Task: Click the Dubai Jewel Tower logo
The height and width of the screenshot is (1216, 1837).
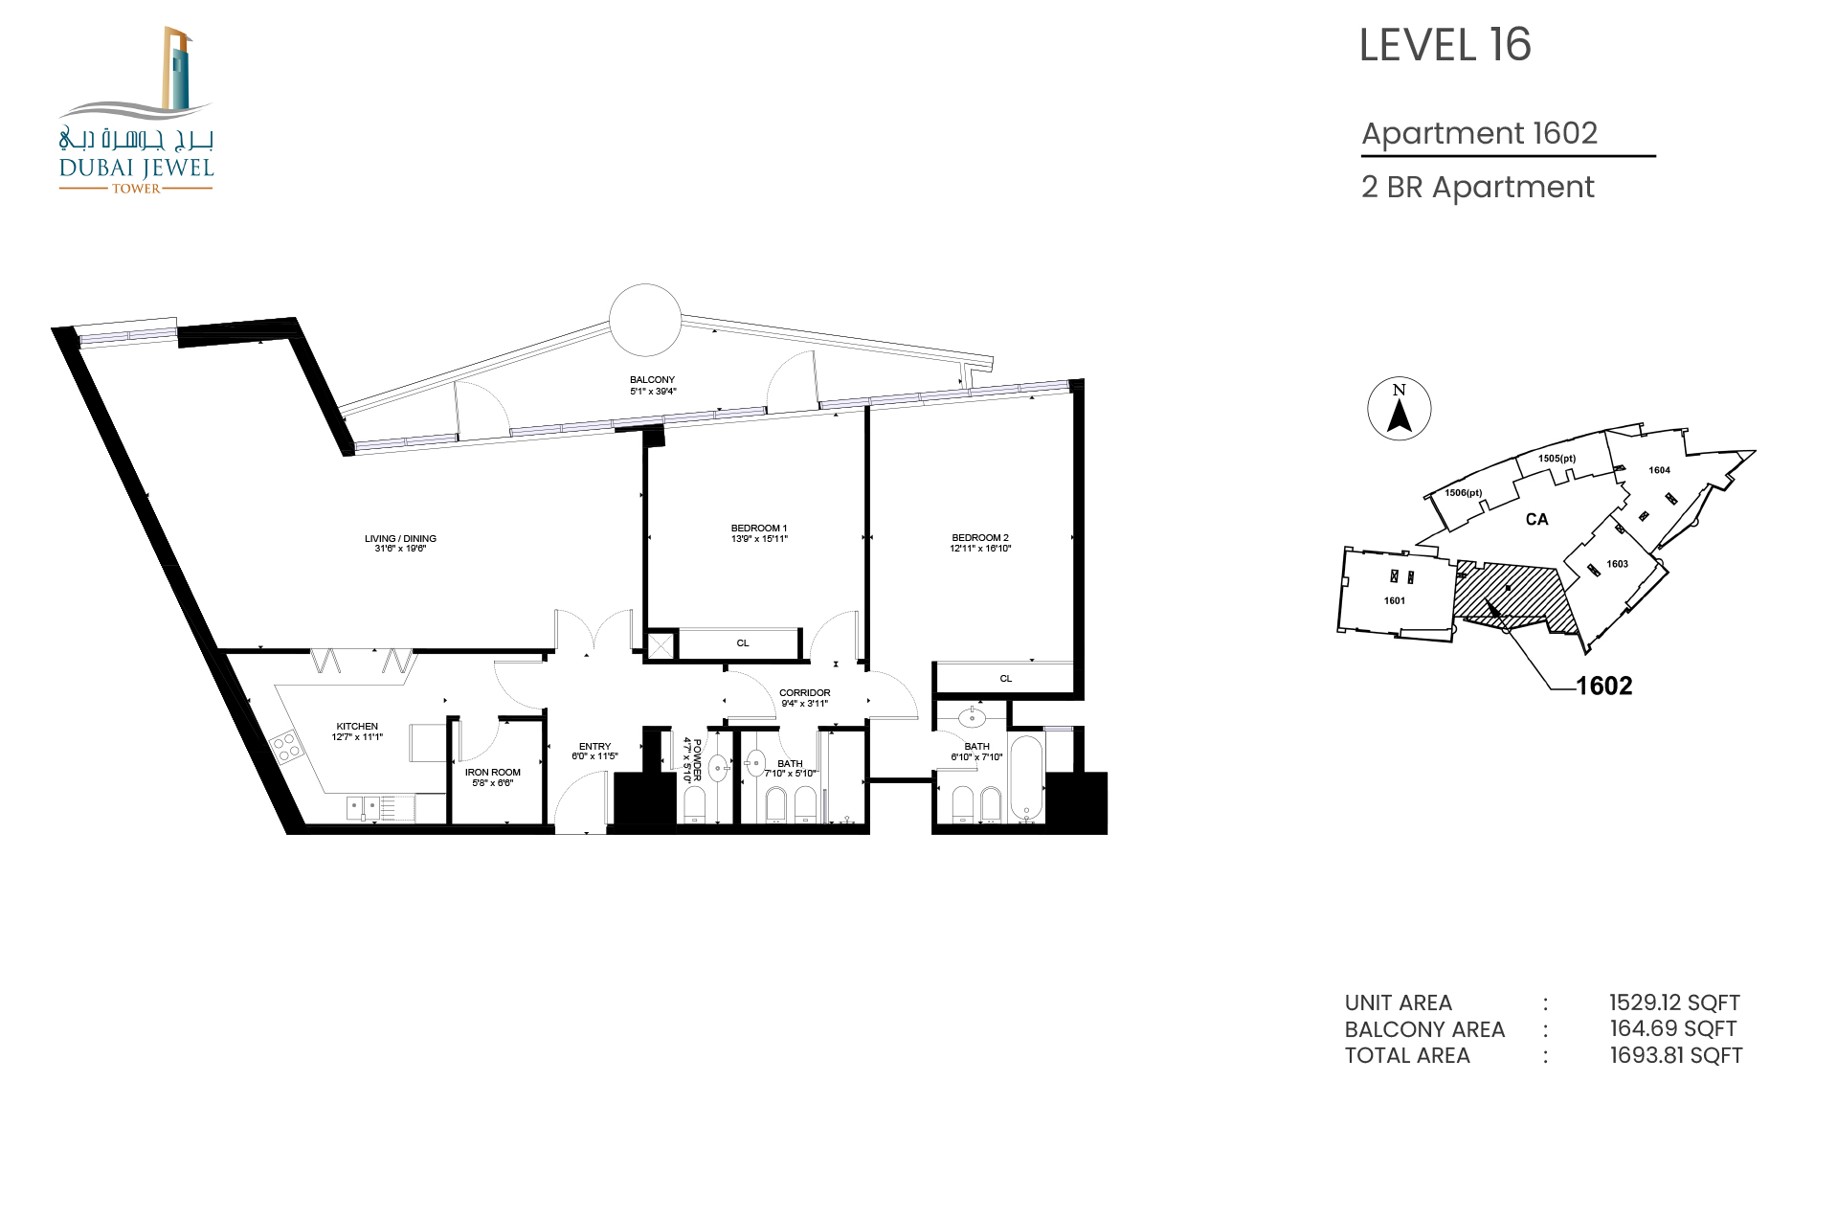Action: tap(136, 110)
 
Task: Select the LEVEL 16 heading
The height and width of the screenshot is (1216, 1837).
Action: tap(1445, 45)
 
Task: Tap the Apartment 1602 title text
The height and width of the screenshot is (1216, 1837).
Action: tap(1480, 133)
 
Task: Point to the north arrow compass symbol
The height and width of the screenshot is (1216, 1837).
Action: tap(1400, 409)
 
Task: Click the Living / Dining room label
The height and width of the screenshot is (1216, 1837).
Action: tap(400, 543)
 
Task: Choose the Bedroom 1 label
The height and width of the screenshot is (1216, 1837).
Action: tap(759, 533)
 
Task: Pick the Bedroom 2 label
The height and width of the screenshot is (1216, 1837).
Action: tap(980, 543)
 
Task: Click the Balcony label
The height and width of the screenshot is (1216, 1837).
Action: tap(653, 385)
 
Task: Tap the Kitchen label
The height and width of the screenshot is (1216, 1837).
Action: tap(357, 732)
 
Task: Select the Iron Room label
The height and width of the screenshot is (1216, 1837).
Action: tap(493, 777)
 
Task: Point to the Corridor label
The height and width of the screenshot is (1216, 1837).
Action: tap(805, 698)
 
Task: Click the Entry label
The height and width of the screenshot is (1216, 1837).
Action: tap(594, 751)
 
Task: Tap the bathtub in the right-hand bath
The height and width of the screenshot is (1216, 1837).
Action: tap(1027, 777)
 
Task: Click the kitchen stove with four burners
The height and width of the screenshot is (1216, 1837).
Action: tap(285, 747)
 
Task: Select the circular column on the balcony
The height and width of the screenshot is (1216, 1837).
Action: tap(645, 320)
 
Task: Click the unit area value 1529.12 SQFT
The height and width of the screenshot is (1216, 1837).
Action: tap(1674, 1002)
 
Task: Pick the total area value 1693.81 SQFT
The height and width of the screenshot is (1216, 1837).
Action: tap(1676, 1055)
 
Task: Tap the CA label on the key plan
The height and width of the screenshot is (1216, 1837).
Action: tap(1536, 519)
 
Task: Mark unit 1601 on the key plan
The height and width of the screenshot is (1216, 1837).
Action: tap(1395, 600)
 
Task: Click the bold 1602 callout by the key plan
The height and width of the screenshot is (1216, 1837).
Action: tap(1604, 686)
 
